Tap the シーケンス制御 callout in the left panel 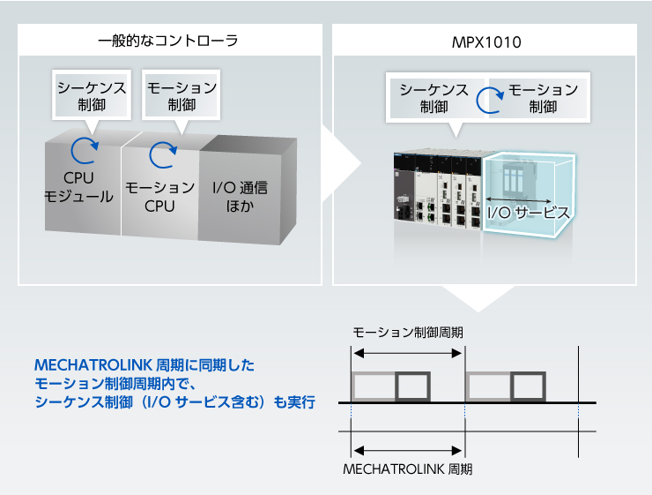pos(92,96)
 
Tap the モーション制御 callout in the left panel pos(181,96)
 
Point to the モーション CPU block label pos(159,197)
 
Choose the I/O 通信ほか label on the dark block pos(240,197)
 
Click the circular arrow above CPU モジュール pos(85,151)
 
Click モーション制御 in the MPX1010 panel pos(543,98)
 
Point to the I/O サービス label pos(529,213)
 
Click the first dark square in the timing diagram pos(412,386)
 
